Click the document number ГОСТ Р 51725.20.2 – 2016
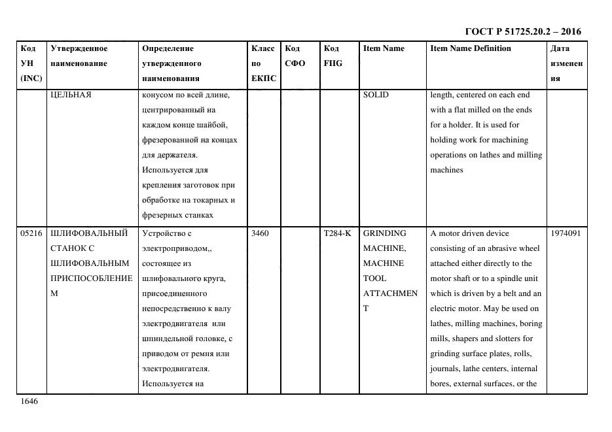click(x=522, y=31)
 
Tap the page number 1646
click(x=29, y=401)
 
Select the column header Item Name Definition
click(x=471, y=48)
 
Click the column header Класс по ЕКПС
click(x=264, y=63)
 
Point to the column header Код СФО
click(x=295, y=56)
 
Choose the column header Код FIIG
click(x=333, y=56)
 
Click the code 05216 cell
click(x=31, y=233)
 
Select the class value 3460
click(x=260, y=233)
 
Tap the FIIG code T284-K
click(x=338, y=233)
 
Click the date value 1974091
click(x=566, y=233)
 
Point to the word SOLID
click(x=376, y=95)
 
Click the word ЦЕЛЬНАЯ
click(x=71, y=95)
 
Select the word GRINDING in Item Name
click(x=384, y=233)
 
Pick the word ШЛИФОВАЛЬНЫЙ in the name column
click(x=88, y=233)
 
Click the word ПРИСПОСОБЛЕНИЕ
click(x=91, y=278)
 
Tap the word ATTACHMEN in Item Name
click(x=390, y=293)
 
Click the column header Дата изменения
click(x=566, y=63)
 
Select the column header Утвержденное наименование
click(x=79, y=56)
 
